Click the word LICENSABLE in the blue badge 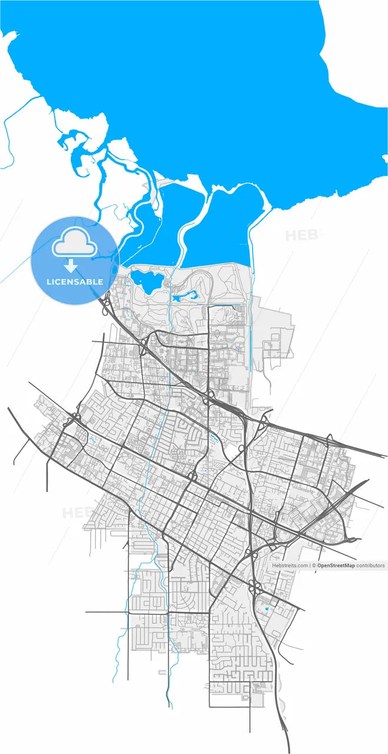(x=75, y=282)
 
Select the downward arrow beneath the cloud (x=74, y=266)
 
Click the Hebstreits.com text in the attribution (x=290, y=565)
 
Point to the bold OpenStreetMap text (x=336, y=565)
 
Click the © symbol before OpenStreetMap (x=314, y=565)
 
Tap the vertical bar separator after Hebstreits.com (x=310, y=565)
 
